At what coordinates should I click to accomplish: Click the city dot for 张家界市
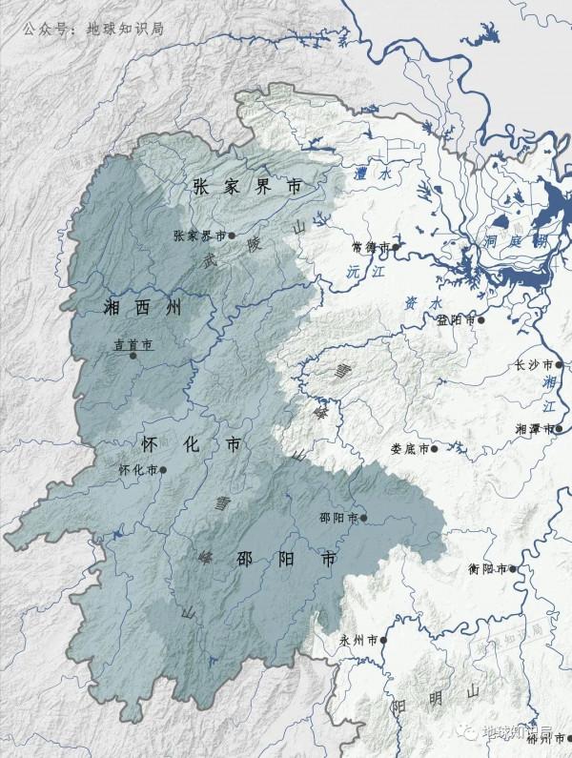[x=232, y=234]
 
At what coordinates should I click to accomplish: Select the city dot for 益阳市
[x=482, y=320]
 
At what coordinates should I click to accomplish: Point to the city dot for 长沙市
[x=561, y=364]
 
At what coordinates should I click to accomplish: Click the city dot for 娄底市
[x=435, y=448]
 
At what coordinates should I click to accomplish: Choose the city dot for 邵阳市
[x=363, y=519]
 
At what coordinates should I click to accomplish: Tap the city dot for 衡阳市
[x=513, y=569]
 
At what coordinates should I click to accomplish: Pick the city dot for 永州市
[x=384, y=641]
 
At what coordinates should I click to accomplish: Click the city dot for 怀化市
[x=164, y=469]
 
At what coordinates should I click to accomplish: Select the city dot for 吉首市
[x=133, y=356]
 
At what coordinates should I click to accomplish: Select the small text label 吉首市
[x=133, y=344]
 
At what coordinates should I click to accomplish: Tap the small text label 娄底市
[x=410, y=449]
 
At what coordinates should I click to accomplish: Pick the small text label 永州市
[x=359, y=642]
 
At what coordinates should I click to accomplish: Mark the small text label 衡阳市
[x=488, y=570]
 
